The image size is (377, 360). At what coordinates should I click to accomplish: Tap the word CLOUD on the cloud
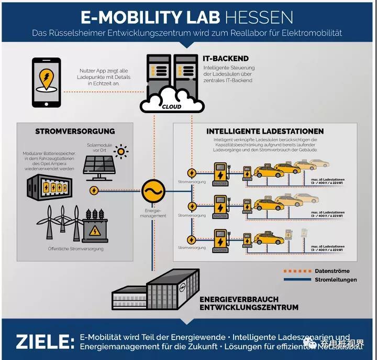(x=172, y=106)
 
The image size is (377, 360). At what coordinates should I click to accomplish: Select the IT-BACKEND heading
(x=226, y=59)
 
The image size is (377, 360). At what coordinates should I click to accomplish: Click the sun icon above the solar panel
(x=121, y=152)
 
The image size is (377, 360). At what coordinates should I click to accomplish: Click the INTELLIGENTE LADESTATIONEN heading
(x=265, y=131)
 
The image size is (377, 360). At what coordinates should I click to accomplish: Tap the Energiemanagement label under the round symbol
(x=155, y=213)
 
